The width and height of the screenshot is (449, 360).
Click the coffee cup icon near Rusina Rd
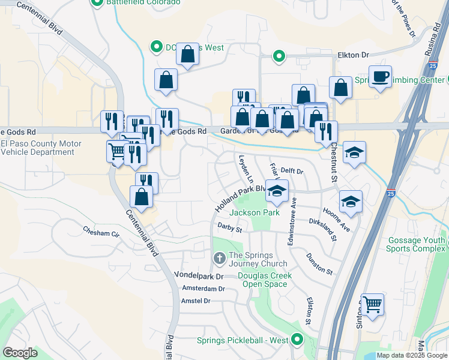[380, 77]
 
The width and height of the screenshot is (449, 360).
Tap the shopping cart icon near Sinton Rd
[372, 305]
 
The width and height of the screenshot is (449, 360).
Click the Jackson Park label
[254, 212]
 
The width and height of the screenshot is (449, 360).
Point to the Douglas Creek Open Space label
[265, 280]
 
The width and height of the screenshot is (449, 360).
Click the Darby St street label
[229, 229]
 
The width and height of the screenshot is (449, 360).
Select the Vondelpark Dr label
[198, 277]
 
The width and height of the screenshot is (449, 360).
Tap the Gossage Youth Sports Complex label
[416, 244]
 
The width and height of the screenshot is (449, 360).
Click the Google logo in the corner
[20, 353]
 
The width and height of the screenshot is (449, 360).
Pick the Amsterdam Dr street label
[203, 289]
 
